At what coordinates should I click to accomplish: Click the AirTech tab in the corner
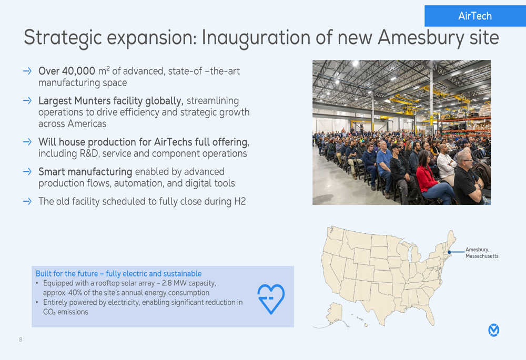pos(475,16)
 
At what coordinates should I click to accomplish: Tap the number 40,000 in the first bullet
pos(78,71)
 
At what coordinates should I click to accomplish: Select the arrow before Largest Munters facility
pos(27,100)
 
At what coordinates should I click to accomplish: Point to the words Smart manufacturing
pos(85,172)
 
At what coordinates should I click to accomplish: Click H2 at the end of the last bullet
pos(240,201)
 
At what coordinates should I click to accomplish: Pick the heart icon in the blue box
pos(271,299)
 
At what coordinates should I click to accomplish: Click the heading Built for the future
pos(119,273)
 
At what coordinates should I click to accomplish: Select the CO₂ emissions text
pos(66,312)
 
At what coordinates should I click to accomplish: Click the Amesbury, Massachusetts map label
pos(482,253)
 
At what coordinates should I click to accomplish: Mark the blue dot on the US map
pos(449,252)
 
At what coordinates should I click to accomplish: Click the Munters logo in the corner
pos(493,330)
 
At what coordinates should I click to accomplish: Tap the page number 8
pos(21,340)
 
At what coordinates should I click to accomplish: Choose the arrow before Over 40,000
pos(27,71)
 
